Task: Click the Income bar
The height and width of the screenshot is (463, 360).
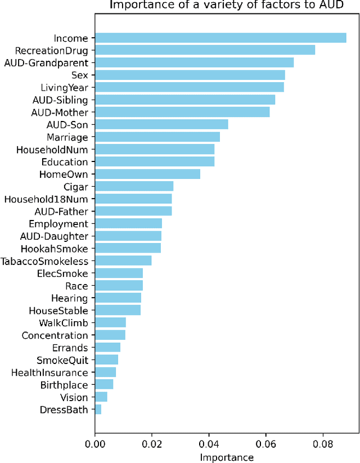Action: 220,38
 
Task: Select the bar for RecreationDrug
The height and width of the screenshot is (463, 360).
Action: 205,51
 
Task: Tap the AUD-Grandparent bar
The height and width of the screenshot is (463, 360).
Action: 194,62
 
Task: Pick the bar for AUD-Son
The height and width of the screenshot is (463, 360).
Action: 161,124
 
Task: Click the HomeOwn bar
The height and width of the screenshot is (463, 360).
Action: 147,174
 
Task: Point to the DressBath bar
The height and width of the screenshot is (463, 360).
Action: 98,410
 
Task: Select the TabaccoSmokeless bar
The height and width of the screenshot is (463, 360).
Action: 123,261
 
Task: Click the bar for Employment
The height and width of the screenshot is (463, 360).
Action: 128,223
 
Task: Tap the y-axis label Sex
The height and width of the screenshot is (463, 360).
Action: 79,75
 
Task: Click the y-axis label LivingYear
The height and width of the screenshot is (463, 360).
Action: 64,88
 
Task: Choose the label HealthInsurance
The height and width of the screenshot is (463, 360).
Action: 49,372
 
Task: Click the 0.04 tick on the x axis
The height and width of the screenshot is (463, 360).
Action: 209,444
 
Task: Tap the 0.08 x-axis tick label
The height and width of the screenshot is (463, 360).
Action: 323,444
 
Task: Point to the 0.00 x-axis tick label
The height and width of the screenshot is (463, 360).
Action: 94,444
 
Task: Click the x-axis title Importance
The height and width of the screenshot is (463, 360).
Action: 227,457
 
